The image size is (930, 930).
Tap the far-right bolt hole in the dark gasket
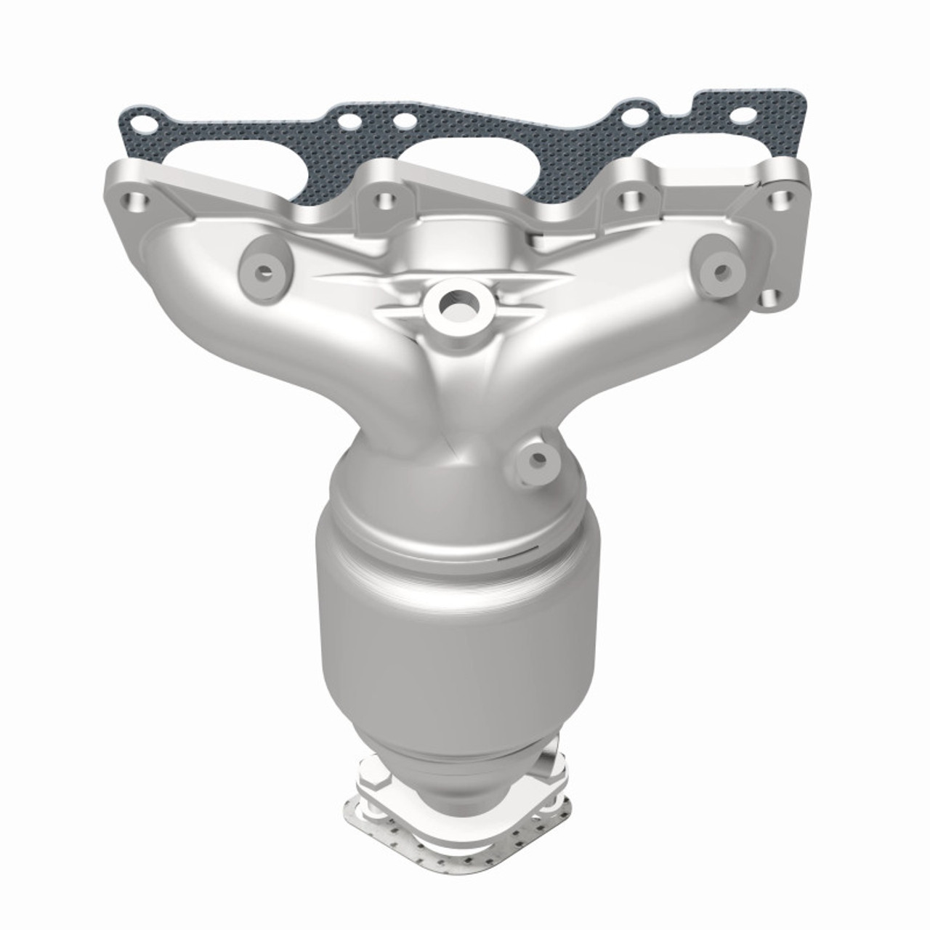coord(742,115)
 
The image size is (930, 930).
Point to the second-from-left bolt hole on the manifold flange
coord(383,198)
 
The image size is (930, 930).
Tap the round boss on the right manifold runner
coord(721,272)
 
